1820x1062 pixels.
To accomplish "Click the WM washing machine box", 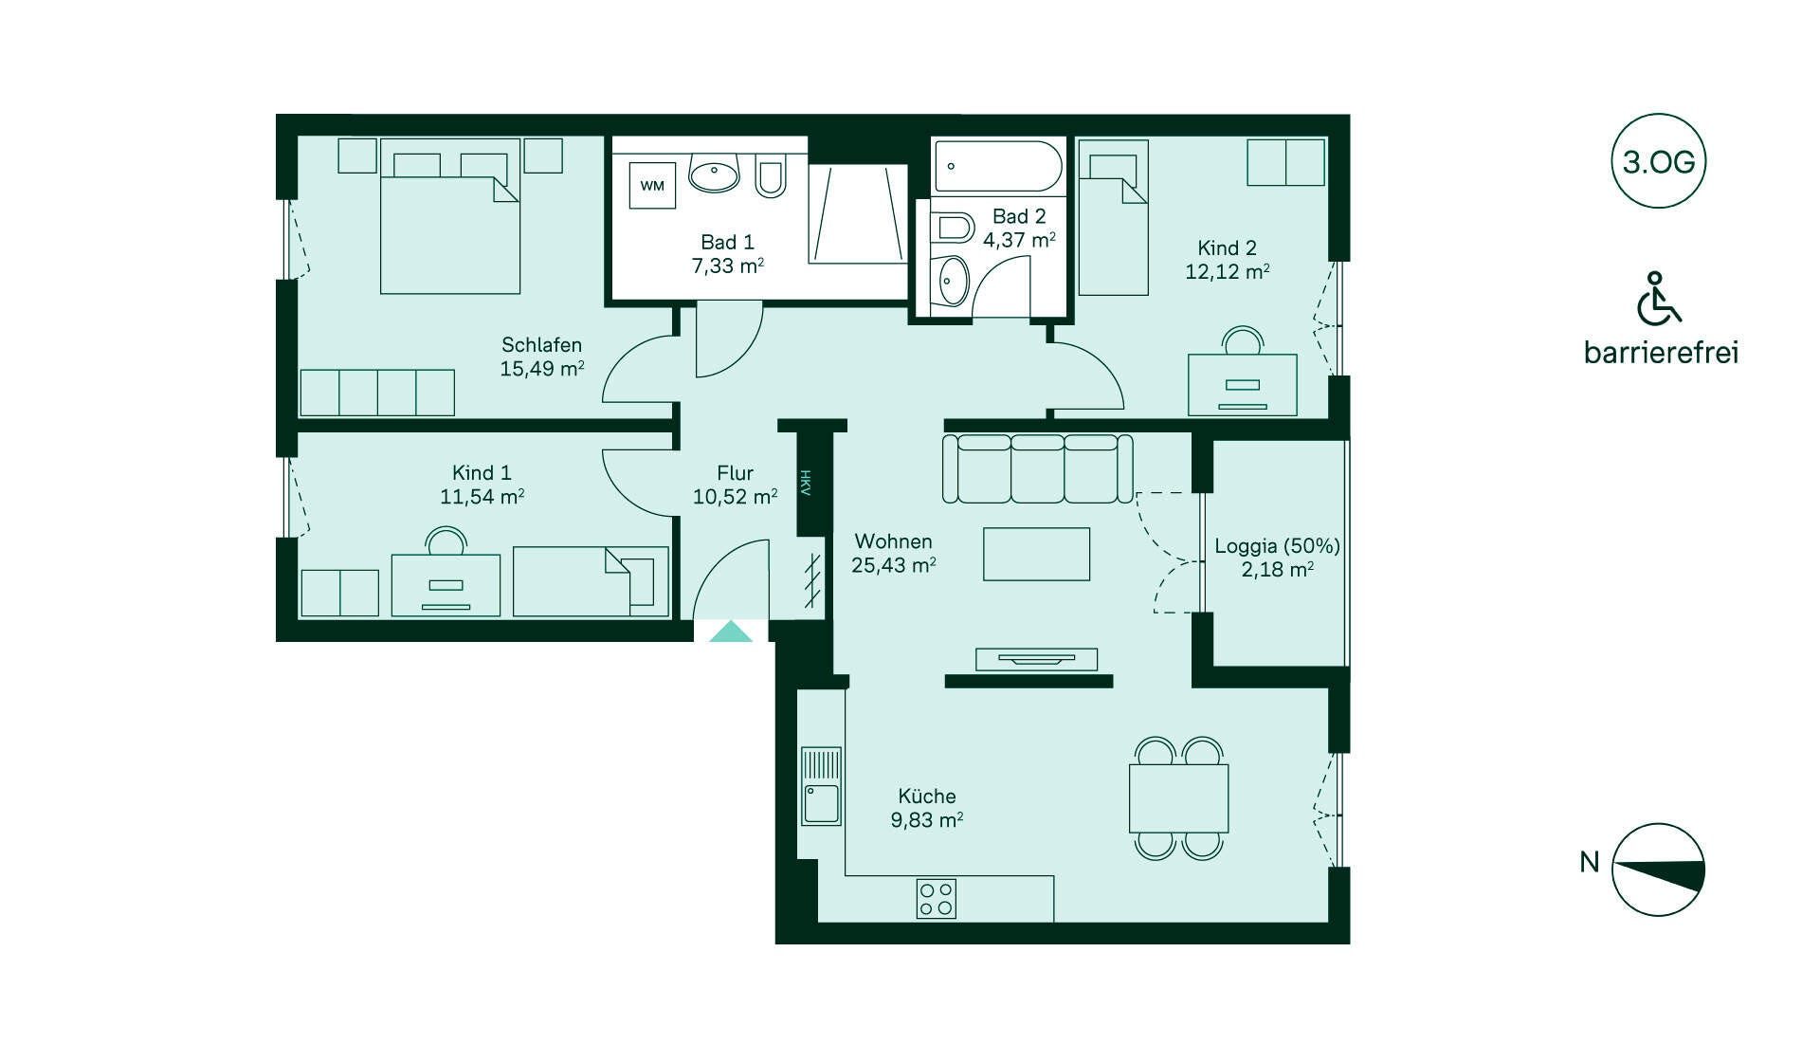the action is (x=652, y=185).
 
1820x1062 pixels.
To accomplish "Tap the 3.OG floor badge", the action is (x=1658, y=161).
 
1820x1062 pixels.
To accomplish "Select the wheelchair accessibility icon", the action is (x=1658, y=298).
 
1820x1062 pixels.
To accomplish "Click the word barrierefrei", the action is (x=1661, y=353).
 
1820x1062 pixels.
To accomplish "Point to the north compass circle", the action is (x=1658, y=870).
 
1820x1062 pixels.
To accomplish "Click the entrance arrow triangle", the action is (x=731, y=631).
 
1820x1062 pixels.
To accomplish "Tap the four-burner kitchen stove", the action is (x=937, y=899).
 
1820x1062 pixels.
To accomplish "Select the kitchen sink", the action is (x=821, y=786).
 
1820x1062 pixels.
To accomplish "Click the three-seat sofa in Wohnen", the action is (x=1037, y=468).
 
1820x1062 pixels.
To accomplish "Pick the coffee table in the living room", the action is (x=1036, y=554).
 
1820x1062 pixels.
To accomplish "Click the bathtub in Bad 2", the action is (x=998, y=167).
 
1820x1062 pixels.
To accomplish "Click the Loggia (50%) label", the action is (x=1277, y=546).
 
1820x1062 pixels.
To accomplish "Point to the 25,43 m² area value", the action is (x=894, y=565).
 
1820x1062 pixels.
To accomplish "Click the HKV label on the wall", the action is (x=806, y=483).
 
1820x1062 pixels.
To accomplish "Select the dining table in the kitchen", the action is (x=1178, y=798).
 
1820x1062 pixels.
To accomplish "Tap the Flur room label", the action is (x=735, y=472).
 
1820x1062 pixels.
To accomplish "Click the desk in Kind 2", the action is (x=1243, y=384).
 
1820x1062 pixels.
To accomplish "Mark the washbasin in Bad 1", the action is (x=714, y=174).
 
